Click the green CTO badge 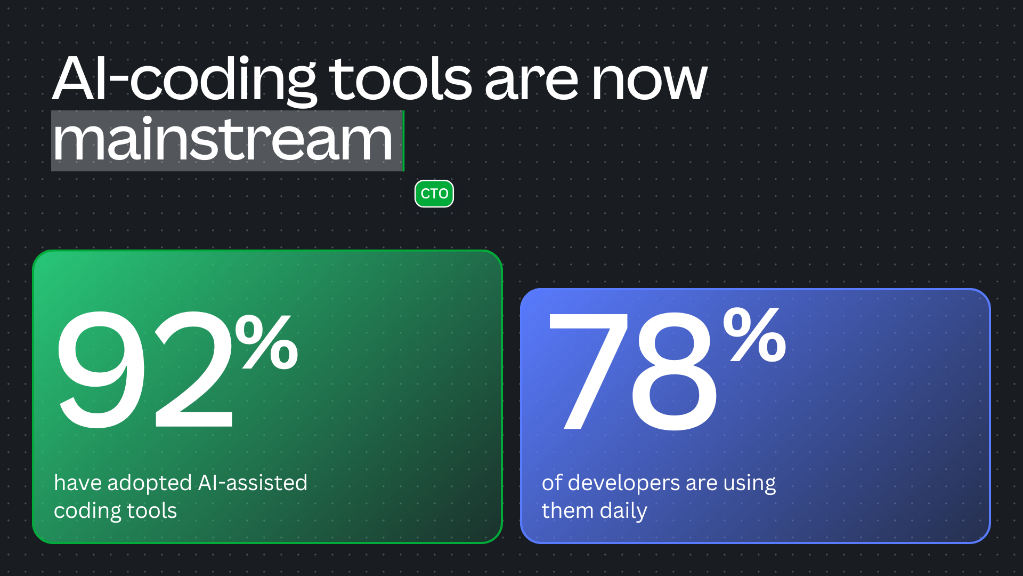(x=434, y=194)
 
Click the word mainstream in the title (x=223, y=140)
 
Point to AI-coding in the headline (x=184, y=80)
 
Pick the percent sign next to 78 (x=754, y=334)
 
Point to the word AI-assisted (x=253, y=483)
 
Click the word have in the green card (x=78, y=483)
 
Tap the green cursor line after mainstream (x=403, y=141)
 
